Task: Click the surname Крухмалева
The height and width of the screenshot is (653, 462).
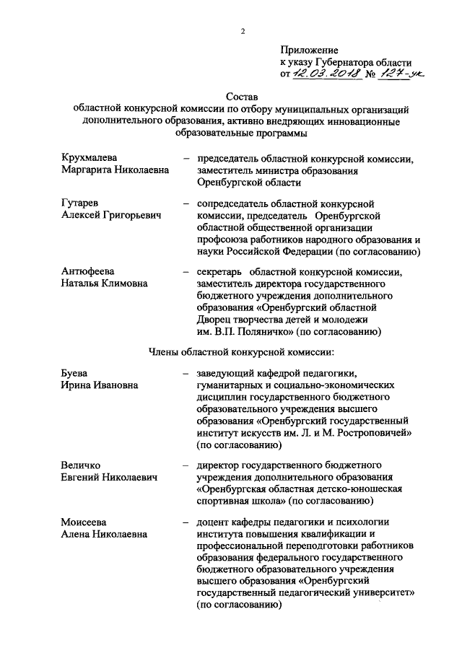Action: tap(90, 158)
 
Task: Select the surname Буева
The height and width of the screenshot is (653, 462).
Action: tap(74, 373)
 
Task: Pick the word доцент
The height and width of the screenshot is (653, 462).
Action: tap(214, 522)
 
